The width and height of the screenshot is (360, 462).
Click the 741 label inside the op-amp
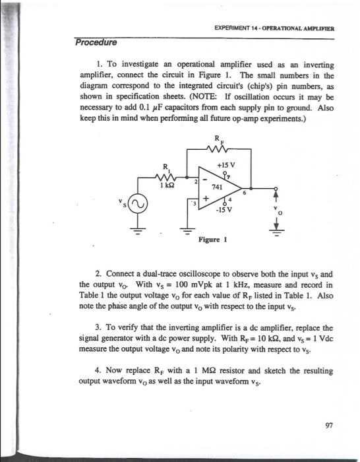click(x=226, y=187)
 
